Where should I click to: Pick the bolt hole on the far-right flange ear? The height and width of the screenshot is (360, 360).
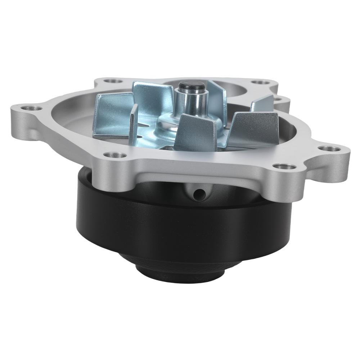pyautogui.click(x=330, y=148)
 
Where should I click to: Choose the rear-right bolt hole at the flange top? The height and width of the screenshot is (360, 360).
pyautogui.click(x=260, y=82)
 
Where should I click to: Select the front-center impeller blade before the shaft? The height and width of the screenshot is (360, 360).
pyautogui.click(x=197, y=133)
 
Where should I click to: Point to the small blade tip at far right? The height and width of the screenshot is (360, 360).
pyautogui.click(x=263, y=103)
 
